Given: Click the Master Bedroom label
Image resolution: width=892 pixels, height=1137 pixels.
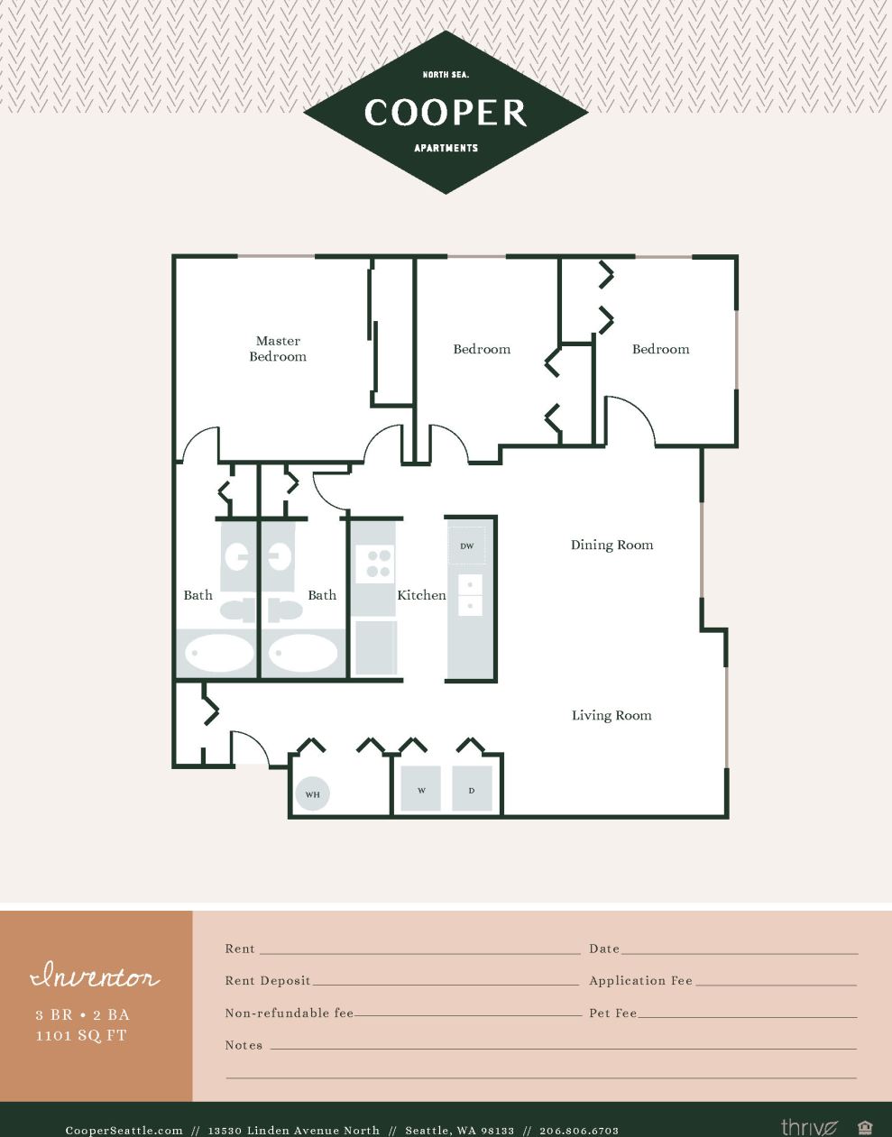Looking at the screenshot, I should [x=278, y=349].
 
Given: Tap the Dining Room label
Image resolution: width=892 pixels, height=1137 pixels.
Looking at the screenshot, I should [x=612, y=545].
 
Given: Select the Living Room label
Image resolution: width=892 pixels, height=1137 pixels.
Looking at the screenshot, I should [x=611, y=715].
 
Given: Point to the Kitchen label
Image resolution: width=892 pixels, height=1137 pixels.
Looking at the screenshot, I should [x=421, y=595].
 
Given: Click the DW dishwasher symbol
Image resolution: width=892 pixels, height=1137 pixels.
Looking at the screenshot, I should [x=467, y=546].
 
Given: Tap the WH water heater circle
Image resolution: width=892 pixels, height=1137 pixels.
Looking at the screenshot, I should [x=312, y=793].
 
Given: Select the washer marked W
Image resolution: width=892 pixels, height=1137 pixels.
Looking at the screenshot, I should [x=421, y=790].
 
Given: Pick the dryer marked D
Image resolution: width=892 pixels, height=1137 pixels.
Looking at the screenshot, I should [x=472, y=790].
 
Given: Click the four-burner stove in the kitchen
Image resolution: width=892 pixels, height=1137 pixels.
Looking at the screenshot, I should [x=374, y=564].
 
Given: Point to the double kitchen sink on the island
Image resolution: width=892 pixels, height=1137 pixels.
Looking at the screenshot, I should [x=470, y=595].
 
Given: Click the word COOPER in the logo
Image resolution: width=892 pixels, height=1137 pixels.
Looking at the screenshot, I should [x=446, y=113].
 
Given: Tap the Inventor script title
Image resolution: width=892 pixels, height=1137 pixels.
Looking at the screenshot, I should [x=95, y=977].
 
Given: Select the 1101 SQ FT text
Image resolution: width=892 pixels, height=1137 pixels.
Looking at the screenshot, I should [x=81, y=1036].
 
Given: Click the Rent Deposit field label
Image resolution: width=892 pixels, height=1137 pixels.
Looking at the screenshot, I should [x=268, y=981].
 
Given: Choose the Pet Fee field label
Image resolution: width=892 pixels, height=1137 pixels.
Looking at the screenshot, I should [x=613, y=1013].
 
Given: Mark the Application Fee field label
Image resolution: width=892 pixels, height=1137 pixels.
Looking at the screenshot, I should [x=640, y=981].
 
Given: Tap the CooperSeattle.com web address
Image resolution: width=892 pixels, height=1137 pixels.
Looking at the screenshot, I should [x=124, y=1130].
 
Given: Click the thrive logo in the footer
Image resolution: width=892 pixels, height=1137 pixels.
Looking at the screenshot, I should [x=809, y=1127].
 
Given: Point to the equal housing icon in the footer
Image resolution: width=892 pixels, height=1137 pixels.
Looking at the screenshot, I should [x=865, y=1127].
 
